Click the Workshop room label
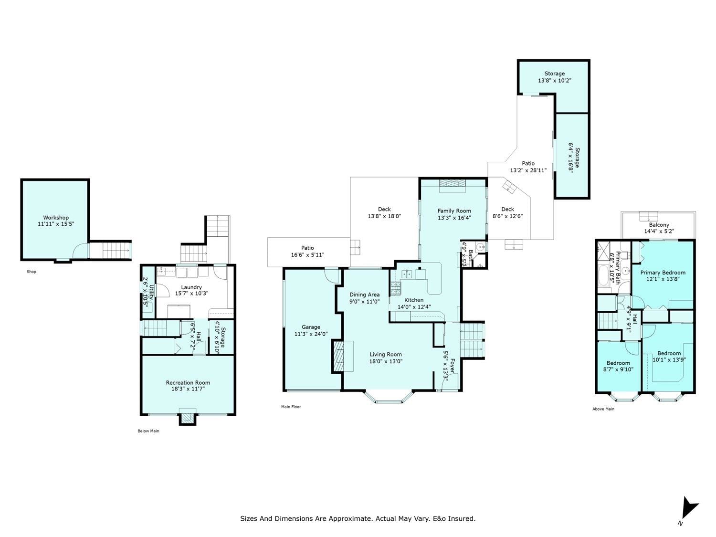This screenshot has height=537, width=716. point(56,218)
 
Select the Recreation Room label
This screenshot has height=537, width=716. point(188,382)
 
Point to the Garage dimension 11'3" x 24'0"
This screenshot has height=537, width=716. point(311,334)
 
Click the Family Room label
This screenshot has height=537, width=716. point(454,211)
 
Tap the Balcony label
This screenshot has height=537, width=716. point(659,225)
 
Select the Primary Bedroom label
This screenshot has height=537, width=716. point(663,272)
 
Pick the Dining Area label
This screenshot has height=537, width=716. point(364,295)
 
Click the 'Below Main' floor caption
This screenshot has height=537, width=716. point(148,431)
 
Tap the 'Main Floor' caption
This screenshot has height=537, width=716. point(291,407)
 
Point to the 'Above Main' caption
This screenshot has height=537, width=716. point(603,409)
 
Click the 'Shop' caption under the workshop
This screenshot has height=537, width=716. point(32,272)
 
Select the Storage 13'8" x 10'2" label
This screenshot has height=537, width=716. point(555,77)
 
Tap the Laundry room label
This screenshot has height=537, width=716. point(191,287)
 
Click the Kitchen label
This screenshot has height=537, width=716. point(414,300)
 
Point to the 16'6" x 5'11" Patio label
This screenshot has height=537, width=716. point(307,252)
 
